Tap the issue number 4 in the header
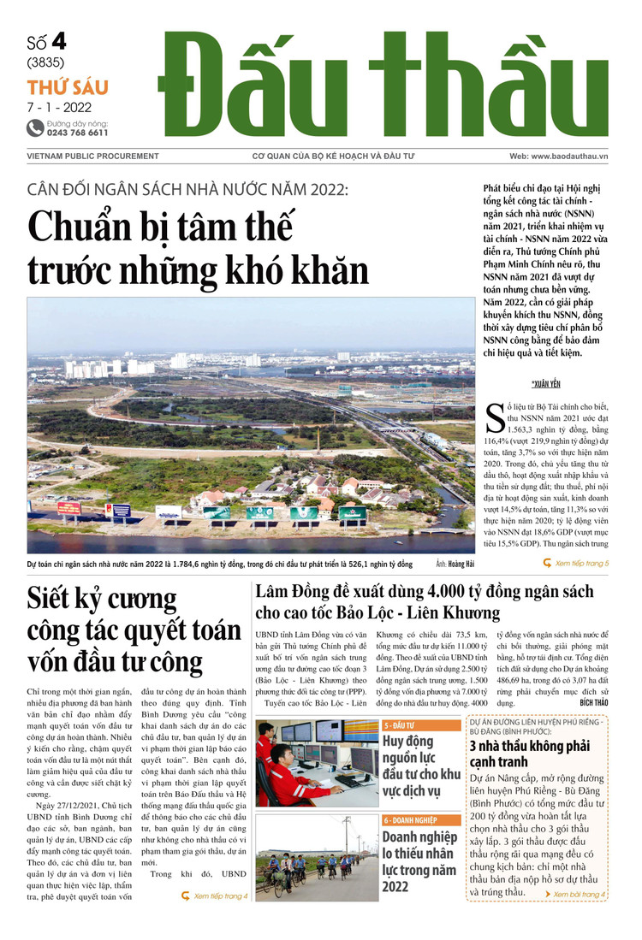tap(58, 41)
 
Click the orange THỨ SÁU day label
tap(68, 87)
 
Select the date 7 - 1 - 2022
tap(59, 107)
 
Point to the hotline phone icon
tap(35, 128)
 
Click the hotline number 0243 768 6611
tap(78, 133)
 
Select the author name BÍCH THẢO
tap(593, 701)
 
